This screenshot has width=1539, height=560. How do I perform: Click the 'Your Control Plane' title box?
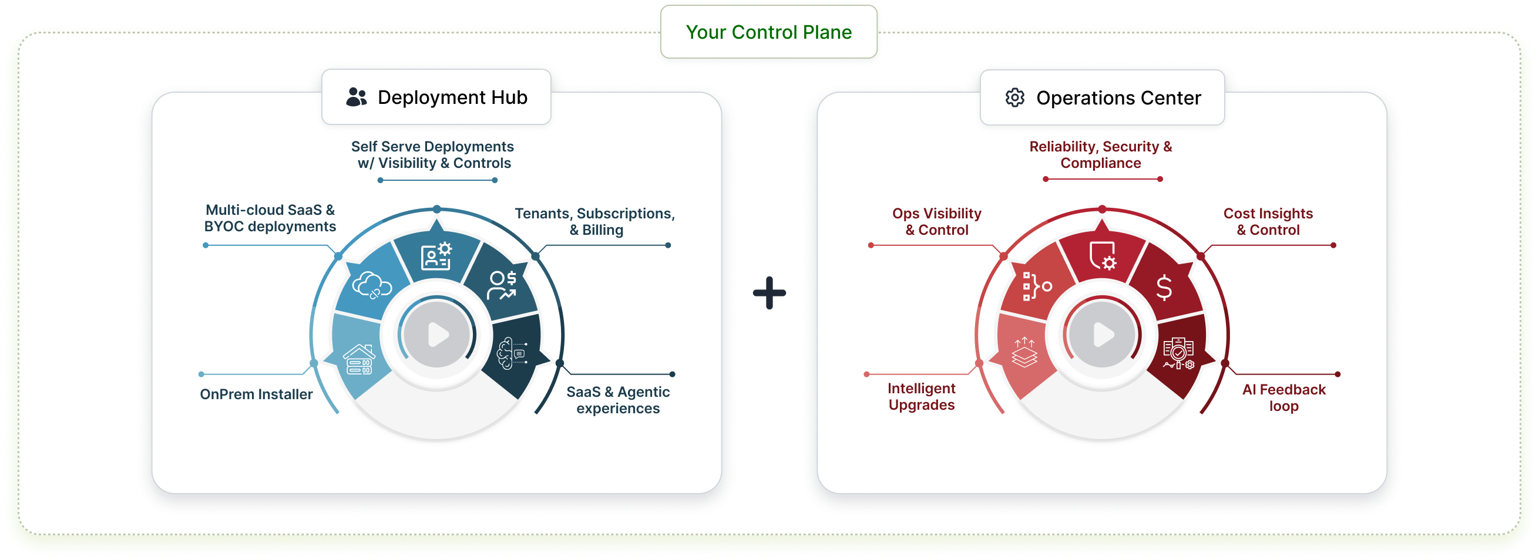coord(768,32)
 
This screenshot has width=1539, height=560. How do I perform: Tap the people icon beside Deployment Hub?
coord(357,97)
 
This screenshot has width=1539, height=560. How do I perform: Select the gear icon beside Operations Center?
coord(1014,97)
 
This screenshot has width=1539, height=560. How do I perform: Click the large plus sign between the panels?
coord(769,292)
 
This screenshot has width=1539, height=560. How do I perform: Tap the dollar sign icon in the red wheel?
coord(1164,287)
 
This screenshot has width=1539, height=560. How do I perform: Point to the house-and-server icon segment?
coord(358,359)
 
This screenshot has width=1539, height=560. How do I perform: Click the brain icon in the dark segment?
coord(512,352)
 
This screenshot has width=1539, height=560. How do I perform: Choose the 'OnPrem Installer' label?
coord(256,394)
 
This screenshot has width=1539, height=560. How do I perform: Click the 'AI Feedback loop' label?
coord(1283,397)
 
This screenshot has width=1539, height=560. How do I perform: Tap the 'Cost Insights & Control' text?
coord(1268,221)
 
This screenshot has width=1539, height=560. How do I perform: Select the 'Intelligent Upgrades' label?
coord(921,396)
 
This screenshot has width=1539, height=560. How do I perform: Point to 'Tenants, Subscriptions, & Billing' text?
coord(594,221)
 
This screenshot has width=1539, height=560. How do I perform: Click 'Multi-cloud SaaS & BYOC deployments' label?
coord(270,218)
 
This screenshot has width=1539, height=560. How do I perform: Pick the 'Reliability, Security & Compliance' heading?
coord(1100,154)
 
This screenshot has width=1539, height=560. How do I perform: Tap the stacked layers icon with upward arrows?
coord(1024,352)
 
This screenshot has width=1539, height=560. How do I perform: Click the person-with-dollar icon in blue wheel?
coord(502,285)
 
